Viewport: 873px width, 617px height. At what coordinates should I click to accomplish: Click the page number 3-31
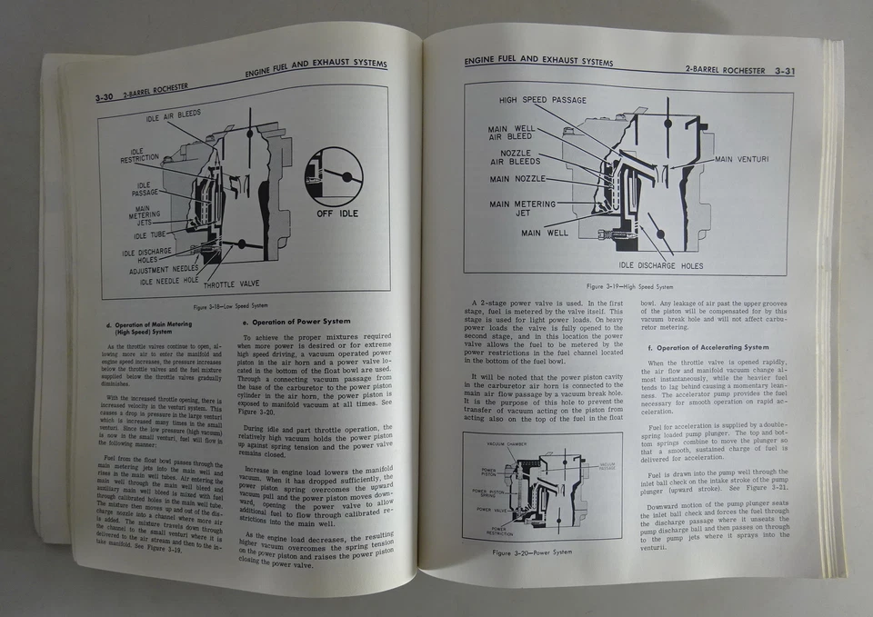[780, 70]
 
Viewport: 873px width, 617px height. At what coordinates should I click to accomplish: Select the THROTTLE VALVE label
[230, 283]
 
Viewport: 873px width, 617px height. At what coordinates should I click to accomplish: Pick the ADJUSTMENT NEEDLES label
[164, 270]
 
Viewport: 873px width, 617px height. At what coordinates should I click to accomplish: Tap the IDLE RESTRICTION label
[139, 155]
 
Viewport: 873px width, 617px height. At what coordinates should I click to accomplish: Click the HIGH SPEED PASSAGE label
[542, 99]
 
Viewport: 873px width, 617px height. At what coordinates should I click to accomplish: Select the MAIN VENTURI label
[742, 160]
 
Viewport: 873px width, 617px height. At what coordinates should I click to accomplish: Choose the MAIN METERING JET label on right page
[525, 210]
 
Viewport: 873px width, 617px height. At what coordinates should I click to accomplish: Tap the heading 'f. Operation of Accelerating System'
[707, 347]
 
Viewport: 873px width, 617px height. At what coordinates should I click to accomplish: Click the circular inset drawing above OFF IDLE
[334, 176]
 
